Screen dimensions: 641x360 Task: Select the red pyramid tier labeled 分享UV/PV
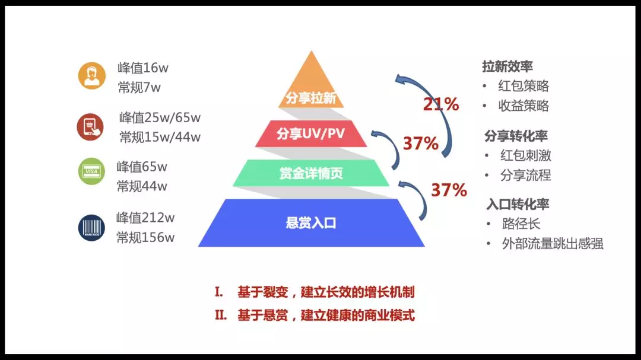[311, 133]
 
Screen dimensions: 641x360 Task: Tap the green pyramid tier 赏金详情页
[311, 173]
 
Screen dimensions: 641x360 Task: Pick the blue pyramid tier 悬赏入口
[311, 222]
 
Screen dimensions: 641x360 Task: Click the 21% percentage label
[440, 104]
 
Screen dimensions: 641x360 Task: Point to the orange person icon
[91, 75]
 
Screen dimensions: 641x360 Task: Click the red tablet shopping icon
[90, 127]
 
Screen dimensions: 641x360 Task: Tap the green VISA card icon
[91, 171]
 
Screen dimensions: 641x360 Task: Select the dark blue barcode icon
[91, 228]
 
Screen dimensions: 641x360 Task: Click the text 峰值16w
[143, 68]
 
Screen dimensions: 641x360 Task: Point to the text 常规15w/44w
[160, 137]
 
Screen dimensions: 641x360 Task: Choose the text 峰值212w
[145, 218]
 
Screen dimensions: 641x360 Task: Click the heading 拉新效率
[507, 66]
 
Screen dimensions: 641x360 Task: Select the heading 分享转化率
[516, 136]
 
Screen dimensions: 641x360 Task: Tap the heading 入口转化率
[518, 204]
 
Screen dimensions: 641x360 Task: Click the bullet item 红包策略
[523, 86]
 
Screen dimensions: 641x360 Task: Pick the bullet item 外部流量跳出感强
[553, 244]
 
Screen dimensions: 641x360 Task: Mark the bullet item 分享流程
[526, 176]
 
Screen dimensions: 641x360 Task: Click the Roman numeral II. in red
[221, 315]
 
